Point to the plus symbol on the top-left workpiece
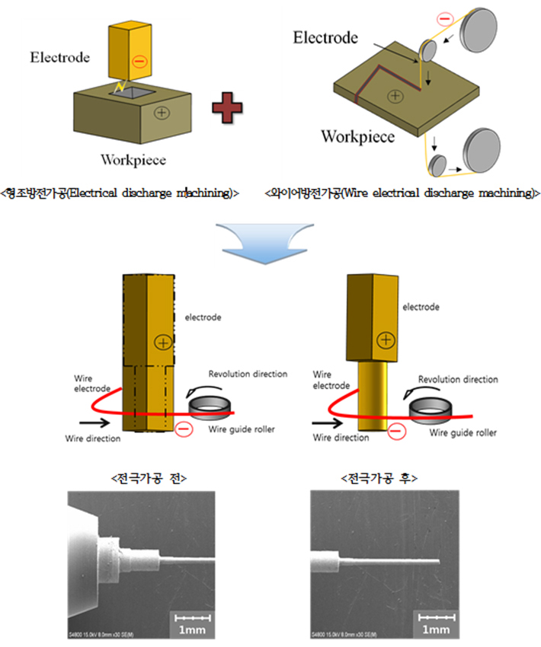[x=162, y=113]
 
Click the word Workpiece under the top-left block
[x=133, y=160]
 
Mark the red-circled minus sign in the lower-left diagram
[x=183, y=431]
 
